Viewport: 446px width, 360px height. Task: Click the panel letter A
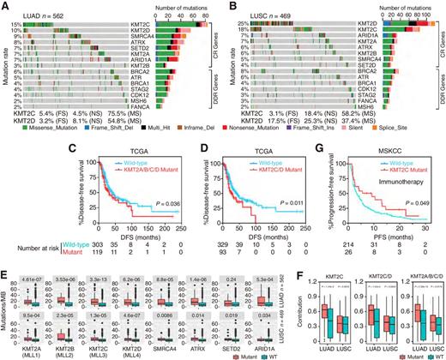[5, 6]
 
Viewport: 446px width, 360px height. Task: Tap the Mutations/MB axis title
[6, 307]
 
